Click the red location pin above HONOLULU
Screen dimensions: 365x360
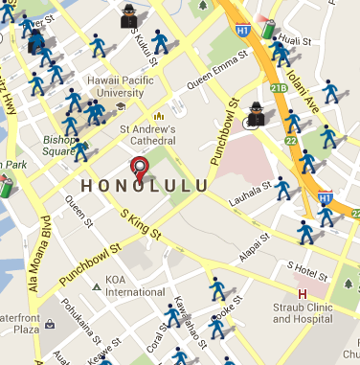click(x=142, y=169)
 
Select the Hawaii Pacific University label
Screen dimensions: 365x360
click(x=121, y=87)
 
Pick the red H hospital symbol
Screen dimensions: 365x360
click(x=304, y=292)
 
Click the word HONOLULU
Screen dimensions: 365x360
click(x=143, y=185)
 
